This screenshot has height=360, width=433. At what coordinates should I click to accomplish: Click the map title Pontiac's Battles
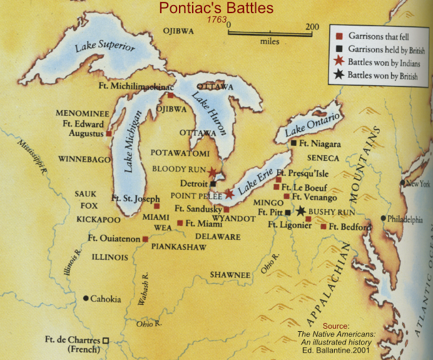216,8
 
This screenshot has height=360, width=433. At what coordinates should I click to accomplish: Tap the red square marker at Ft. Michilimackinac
170,95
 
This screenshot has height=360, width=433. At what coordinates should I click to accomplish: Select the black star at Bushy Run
301,211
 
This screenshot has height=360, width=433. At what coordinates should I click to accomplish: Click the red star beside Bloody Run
212,172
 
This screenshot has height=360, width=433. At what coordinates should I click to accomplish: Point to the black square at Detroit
213,184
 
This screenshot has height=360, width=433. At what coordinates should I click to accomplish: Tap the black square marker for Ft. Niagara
293,143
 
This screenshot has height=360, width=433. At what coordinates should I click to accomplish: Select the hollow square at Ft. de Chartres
106,340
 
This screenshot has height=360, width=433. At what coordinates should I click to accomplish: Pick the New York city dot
403,183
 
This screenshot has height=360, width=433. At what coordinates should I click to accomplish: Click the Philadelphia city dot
383,219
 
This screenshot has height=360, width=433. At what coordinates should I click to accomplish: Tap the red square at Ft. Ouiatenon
145,239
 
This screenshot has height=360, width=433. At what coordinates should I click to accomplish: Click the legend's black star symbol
339,75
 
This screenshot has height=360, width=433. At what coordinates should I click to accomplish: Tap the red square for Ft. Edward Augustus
109,133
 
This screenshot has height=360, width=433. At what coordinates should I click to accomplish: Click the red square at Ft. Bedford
323,226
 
